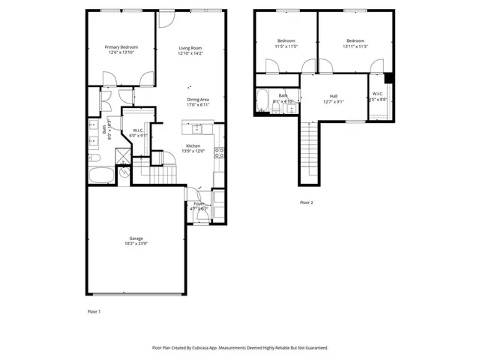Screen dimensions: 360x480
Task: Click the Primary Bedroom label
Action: click(121, 47)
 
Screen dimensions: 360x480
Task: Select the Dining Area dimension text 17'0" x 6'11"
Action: click(198, 105)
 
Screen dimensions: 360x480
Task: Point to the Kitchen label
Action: click(193, 145)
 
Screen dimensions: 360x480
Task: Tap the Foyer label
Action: click(199, 203)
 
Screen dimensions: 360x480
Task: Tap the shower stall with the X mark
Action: click(120, 156)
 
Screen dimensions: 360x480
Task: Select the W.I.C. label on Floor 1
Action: click(138, 130)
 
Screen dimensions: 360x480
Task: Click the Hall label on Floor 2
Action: click(333, 96)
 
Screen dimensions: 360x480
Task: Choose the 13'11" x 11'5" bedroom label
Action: click(355, 40)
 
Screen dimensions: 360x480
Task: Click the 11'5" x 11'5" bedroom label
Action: click(286, 40)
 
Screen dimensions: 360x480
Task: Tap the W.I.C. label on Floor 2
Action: click(377, 94)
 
